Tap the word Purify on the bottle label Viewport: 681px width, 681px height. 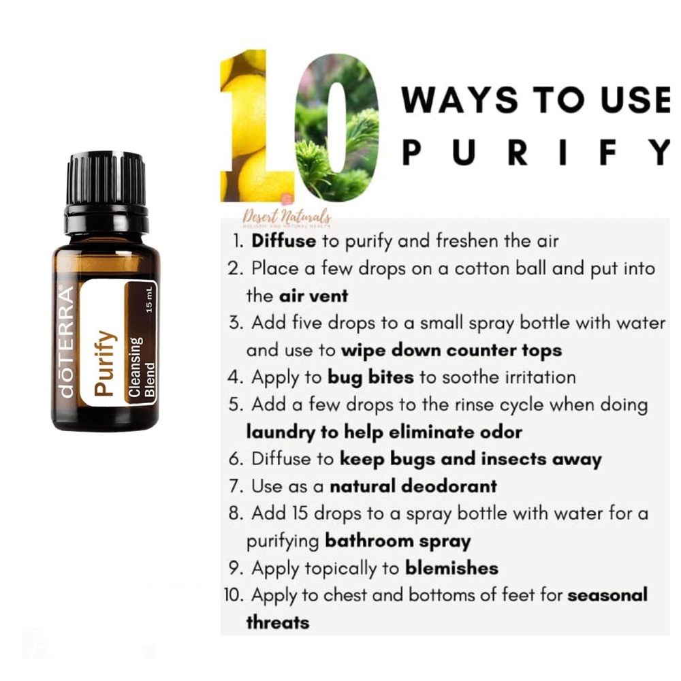105,363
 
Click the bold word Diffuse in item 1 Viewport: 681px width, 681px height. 283,241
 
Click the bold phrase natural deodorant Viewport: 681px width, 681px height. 413,486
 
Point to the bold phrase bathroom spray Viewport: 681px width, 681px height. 398,541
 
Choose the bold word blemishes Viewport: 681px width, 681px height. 452,568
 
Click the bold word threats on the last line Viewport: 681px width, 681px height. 277,622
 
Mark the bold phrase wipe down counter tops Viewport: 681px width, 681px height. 452,350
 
